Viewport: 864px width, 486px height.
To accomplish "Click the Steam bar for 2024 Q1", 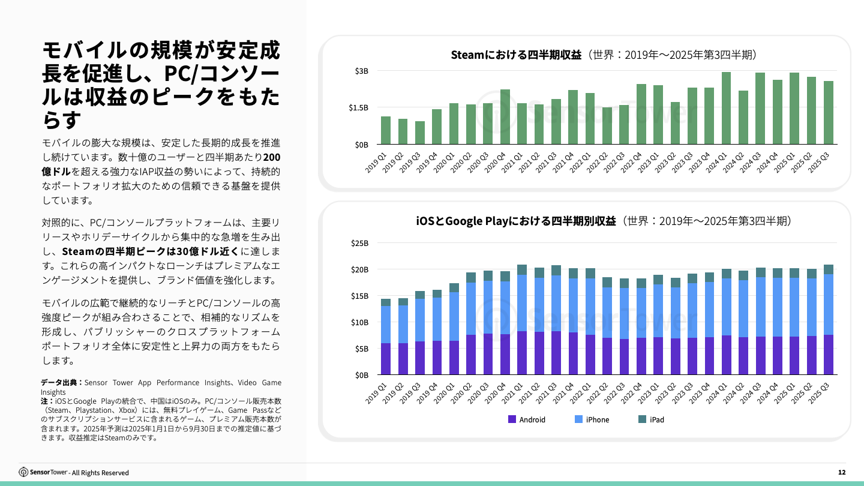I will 726,109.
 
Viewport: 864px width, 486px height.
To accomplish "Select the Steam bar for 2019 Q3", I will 420,133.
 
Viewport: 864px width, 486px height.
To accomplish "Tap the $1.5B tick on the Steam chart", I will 358,108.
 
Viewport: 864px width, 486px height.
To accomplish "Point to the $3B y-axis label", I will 361,71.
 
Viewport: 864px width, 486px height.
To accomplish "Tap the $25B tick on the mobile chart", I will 359,244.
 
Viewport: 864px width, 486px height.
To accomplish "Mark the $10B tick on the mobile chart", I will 359,322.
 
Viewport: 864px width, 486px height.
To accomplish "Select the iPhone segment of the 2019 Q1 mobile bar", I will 386,325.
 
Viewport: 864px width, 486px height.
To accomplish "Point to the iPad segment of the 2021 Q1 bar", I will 522,270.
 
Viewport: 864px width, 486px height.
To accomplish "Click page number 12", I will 842,472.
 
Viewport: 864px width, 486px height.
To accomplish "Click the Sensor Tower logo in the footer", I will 45,472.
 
